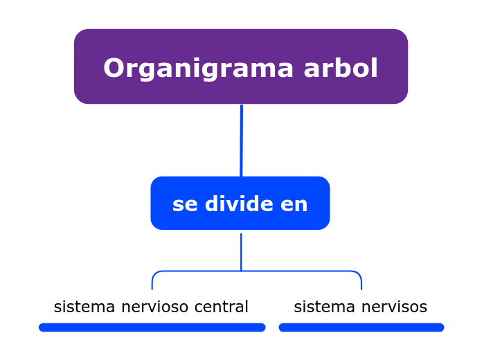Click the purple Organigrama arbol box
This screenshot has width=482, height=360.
pyautogui.click(x=241, y=66)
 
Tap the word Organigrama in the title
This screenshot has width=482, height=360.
pyautogui.click(x=198, y=69)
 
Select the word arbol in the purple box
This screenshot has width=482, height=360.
pyautogui.click(x=341, y=68)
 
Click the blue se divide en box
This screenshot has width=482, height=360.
pyautogui.click(x=240, y=203)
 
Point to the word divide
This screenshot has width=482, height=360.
pyautogui.click(x=239, y=204)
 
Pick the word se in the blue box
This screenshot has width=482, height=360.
pyautogui.click(x=185, y=205)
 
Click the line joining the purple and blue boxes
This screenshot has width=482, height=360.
pyautogui.click(x=241, y=141)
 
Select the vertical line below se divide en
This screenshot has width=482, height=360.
pyautogui.click(x=241, y=252)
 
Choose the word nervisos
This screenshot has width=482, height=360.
pyautogui.click(x=394, y=307)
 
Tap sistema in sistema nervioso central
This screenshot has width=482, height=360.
pyautogui.click(x=84, y=307)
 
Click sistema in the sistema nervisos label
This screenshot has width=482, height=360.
pyautogui.click(x=324, y=307)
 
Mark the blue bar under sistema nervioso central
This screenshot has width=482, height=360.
pyautogui.click(x=152, y=327)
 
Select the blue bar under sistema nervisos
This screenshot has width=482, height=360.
pyautogui.click(x=361, y=327)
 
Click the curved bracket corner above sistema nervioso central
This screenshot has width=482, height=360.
pyautogui.click(x=154, y=273)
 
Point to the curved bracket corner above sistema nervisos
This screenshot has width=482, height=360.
pyautogui.click(x=359, y=273)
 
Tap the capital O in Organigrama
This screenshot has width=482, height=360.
pyautogui.click(x=114, y=68)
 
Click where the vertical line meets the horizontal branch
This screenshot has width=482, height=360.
pyautogui.click(x=241, y=271)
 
